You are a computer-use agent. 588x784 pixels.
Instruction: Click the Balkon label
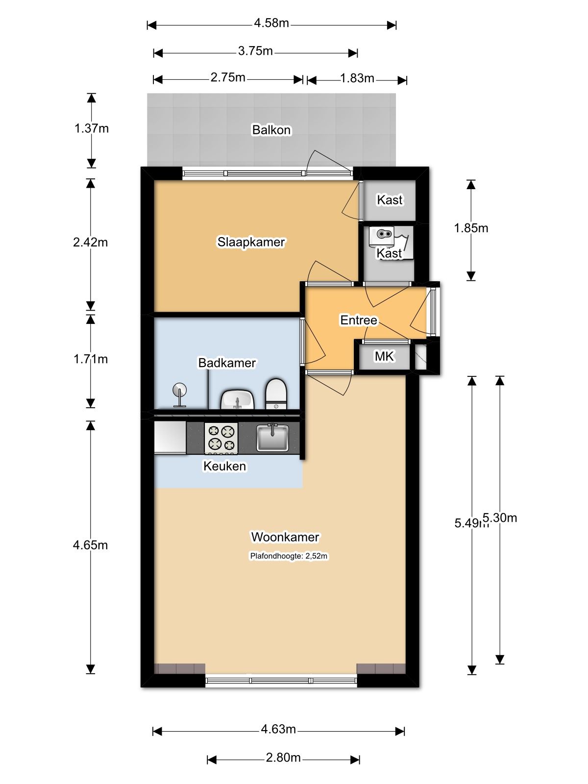(x=271, y=130)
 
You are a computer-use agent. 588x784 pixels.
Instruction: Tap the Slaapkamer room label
(x=251, y=242)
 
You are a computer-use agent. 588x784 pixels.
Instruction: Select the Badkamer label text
(x=227, y=363)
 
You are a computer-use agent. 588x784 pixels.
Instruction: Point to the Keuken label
(x=224, y=466)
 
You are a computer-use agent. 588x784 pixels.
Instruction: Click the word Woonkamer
(x=285, y=537)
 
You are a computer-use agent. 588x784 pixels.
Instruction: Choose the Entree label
(x=359, y=320)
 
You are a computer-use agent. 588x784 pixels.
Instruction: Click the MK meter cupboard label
(x=384, y=356)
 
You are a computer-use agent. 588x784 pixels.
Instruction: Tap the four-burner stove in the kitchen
(x=221, y=439)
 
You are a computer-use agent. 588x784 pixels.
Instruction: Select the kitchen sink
(x=272, y=438)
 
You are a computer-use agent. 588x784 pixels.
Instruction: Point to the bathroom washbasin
(x=238, y=400)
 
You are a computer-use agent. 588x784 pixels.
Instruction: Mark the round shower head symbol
(x=179, y=390)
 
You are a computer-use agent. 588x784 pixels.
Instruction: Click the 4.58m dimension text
(x=271, y=23)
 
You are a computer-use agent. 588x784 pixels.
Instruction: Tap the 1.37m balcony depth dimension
(x=92, y=128)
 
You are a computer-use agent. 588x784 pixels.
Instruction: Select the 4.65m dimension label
(x=90, y=545)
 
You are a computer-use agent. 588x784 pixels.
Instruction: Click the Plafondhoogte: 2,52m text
(x=289, y=556)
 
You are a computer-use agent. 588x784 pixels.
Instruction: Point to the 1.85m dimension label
(x=471, y=228)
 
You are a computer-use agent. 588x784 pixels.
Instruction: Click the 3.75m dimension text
(x=255, y=51)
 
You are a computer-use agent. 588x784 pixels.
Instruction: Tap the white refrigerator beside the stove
(x=170, y=438)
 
